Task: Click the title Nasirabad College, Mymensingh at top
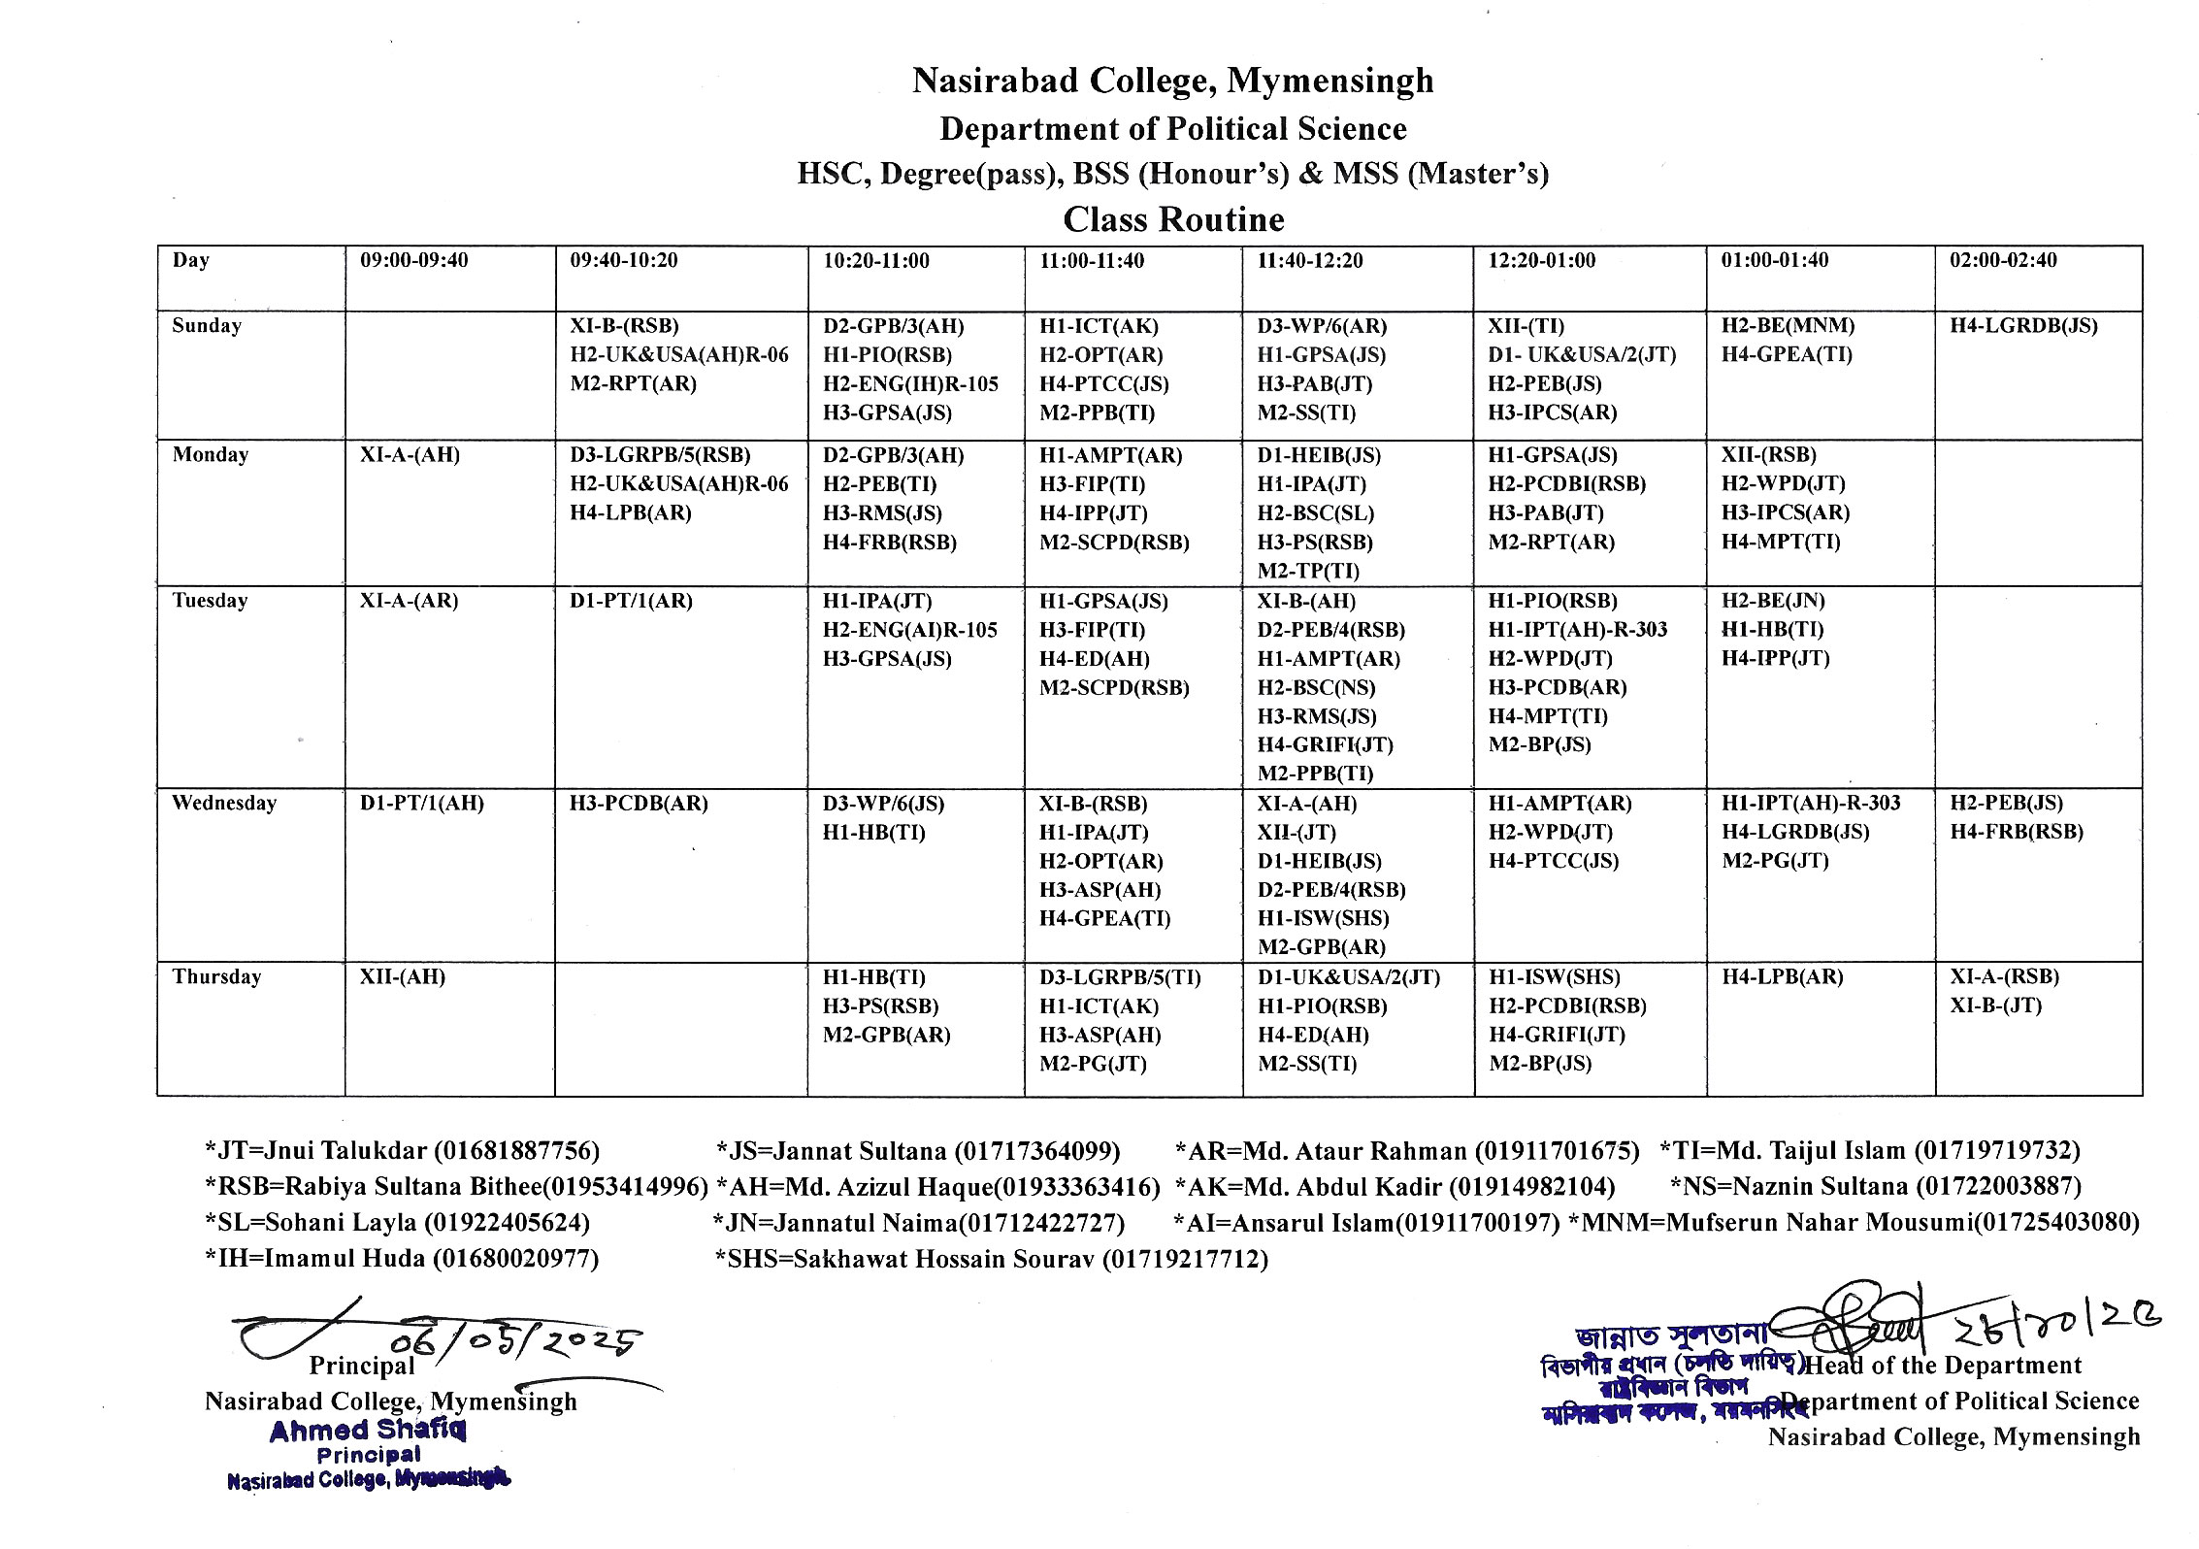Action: [1172, 81]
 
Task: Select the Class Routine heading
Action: [1172, 219]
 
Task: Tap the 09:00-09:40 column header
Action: [413, 260]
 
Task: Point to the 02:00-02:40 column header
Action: [2003, 260]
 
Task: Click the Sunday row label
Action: [207, 325]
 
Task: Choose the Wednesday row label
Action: [223, 803]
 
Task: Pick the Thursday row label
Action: [216, 976]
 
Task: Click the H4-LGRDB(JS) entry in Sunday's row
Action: [2023, 326]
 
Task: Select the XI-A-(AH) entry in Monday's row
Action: [410, 455]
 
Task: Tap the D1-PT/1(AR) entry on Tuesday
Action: [631, 601]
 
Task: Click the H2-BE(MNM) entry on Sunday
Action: [1788, 326]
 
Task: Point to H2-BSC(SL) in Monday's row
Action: [1315, 512]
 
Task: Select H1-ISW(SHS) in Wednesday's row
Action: [1323, 918]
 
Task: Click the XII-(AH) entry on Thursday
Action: [402, 977]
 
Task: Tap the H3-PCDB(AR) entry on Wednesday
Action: [639, 804]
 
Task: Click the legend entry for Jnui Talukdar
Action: [402, 1151]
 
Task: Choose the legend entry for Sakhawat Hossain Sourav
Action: [991, 1259]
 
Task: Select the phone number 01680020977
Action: [515, 1259]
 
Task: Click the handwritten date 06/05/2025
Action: [514, 1341]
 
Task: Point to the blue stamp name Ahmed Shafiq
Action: [368, 1431]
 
